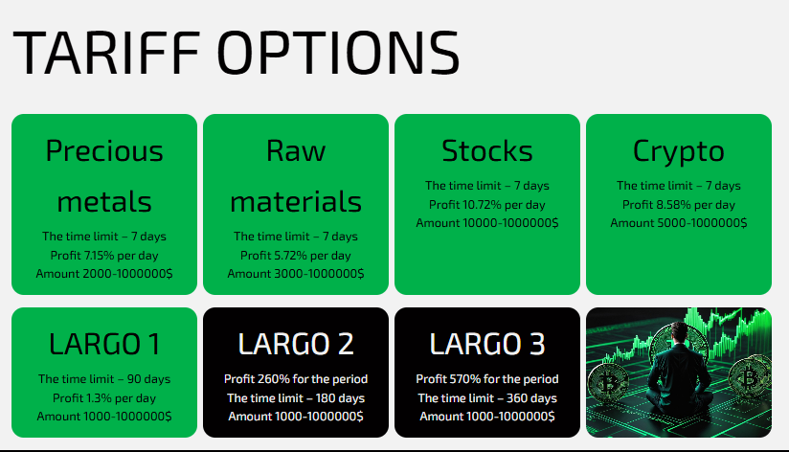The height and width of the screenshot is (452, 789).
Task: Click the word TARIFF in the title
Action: [106, 53]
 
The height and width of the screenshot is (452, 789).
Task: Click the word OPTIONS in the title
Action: [338, 53]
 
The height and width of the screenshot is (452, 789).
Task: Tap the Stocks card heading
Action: [487, 150]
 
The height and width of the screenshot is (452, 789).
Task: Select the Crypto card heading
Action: [678, 152]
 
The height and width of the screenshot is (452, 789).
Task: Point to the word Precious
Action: [104, 150]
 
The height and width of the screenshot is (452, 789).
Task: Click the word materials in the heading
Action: [296, 201]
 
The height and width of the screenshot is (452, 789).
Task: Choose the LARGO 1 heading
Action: [104, 345]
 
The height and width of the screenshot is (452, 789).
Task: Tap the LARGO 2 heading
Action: [296, 345]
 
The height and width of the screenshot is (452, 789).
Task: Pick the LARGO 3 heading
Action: [487, 345]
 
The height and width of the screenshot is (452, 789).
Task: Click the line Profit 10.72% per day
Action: [487, 205]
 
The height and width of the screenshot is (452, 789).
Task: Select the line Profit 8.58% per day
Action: [678, 205]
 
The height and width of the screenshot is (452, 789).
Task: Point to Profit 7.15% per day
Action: [104, 256]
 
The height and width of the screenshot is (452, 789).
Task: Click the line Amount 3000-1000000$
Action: [296, 274]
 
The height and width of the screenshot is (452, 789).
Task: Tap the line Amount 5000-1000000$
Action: [678, 223]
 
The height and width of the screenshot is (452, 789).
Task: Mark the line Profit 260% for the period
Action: [296, 379]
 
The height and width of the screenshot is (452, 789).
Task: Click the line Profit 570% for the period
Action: [487, 379]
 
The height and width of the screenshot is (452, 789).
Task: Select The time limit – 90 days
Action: [104, 379]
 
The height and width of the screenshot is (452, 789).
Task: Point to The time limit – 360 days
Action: [487, 398]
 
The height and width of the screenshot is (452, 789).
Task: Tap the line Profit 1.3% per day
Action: [104, 398]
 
